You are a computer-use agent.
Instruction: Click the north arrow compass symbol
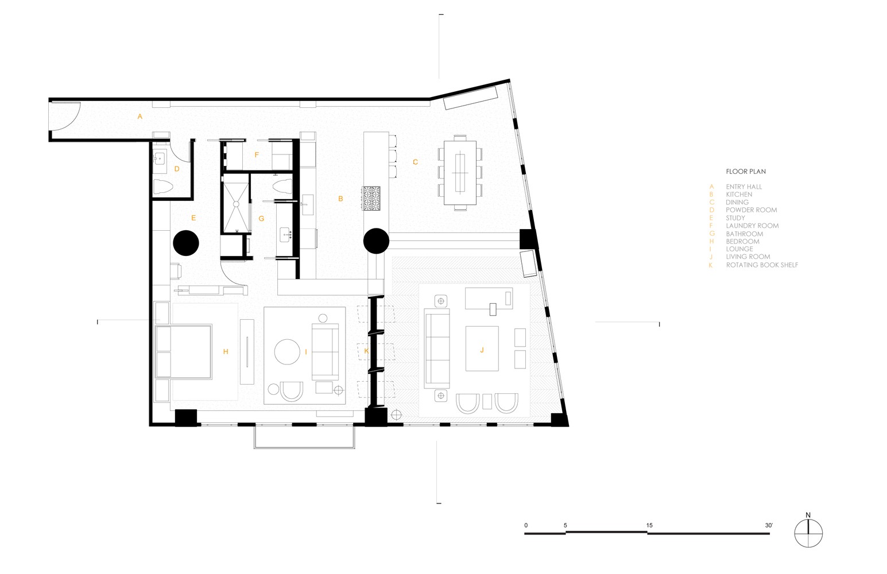coord(808,533)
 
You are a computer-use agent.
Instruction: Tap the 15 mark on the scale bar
coord(649,525)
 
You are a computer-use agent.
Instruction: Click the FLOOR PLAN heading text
coord(746,172)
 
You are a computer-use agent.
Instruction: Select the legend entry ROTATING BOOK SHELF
coord(762,265)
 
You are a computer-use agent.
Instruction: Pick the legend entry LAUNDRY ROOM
coord(752,226)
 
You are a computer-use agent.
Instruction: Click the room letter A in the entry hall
coord(140,117)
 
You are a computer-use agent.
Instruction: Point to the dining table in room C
coord(460,173)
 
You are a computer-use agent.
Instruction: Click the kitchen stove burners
coord(371,198)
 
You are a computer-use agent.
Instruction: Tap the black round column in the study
coord(185,243)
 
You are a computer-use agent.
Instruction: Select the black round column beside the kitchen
coord(376,241)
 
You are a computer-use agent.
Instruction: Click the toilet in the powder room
coord(163,187)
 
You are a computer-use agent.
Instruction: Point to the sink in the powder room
coord(160,159)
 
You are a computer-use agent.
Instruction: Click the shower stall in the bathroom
coord(237,203)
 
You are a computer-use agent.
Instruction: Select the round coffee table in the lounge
coord(287,351)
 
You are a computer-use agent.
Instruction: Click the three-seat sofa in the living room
coord(437,348)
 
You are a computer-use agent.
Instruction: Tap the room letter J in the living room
coord(482,350)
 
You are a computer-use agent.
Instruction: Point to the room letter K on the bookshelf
coord(366,351)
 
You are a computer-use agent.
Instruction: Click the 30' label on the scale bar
coord(769,525)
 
